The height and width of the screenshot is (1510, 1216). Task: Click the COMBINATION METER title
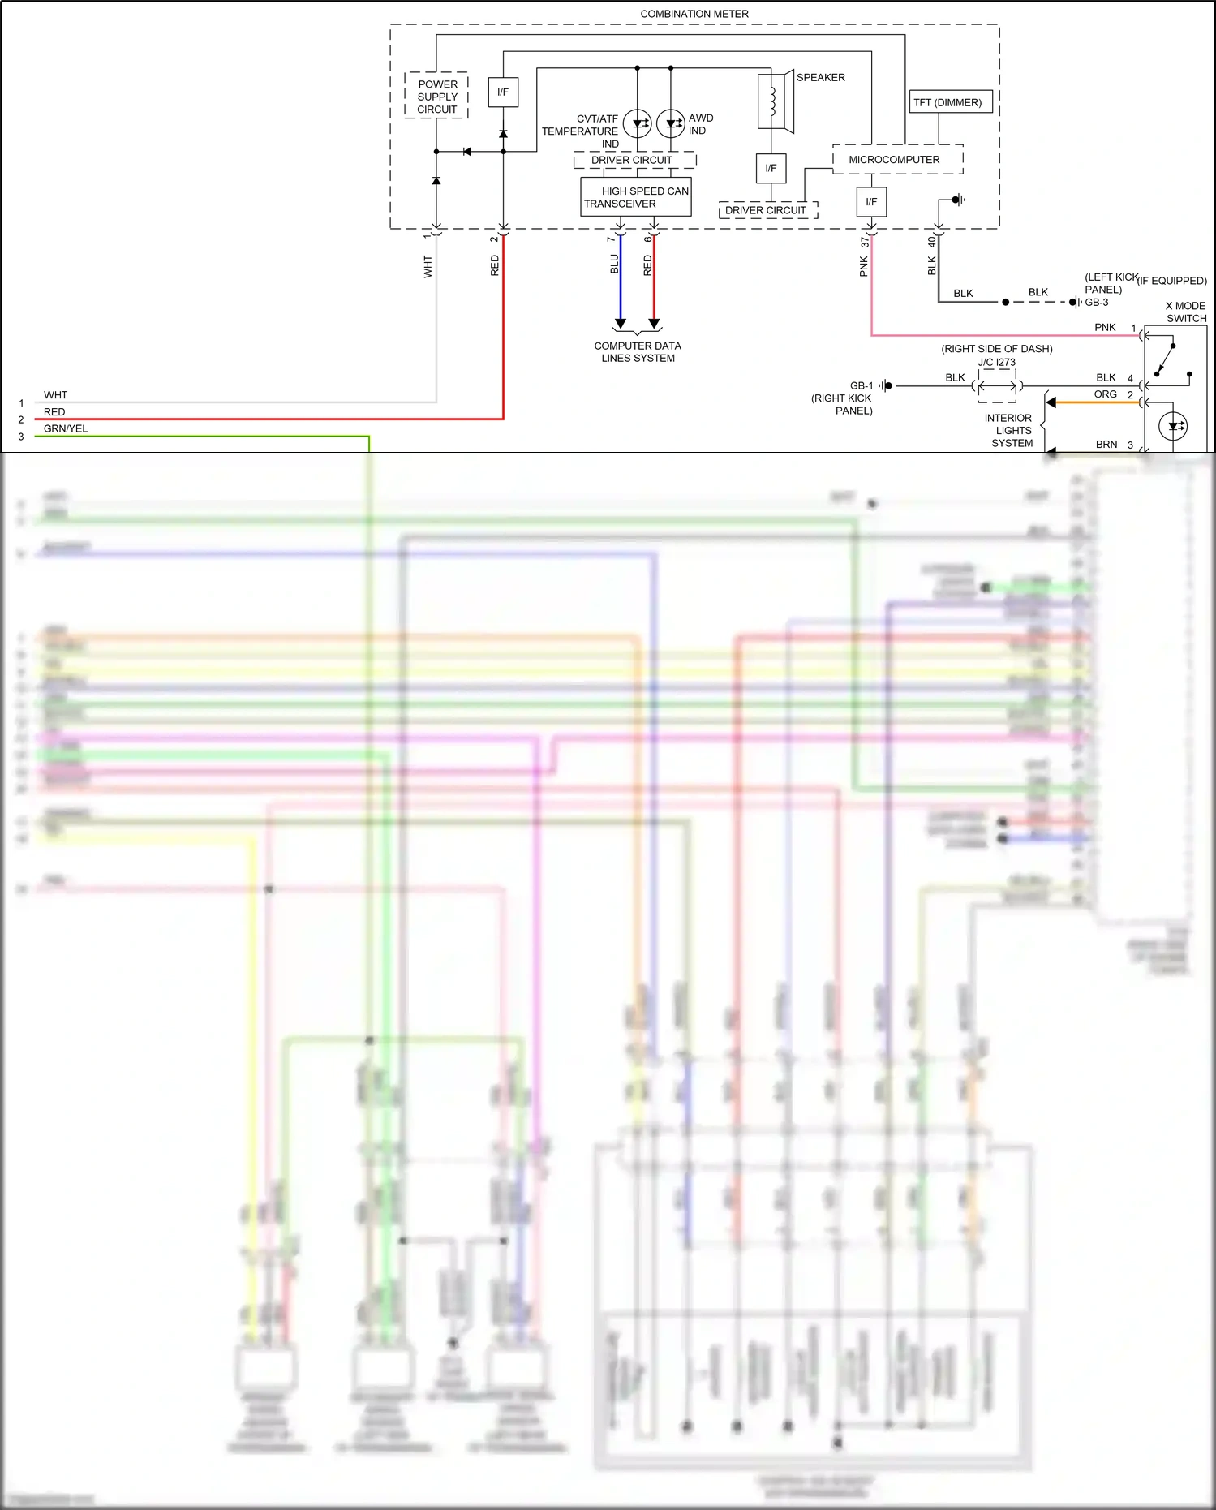pyautogui.click(x=694, y=14)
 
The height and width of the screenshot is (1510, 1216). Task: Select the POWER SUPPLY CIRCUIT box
pyautogui.click(x=436, y=96)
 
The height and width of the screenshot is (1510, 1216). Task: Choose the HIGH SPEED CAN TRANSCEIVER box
pyautogui.click(x=636, y=197)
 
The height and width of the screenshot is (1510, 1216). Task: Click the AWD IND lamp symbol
pyautogui.click(x=671, y=123)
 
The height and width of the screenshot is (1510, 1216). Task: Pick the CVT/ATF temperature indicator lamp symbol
pyautogui.click(x=637, y=123)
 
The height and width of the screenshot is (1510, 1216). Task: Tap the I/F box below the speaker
pyautogui.click(x=771, y=169)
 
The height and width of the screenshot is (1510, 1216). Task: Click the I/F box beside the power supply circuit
pyautogui.click(x=503, y=92)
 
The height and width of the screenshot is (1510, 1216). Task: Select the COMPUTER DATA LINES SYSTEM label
pyautogui.click(x=638, y=351)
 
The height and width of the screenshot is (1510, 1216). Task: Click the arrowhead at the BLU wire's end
pyautogui.click(x=621, y=324)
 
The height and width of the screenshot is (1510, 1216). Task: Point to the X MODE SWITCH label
pyautogui.click(x=1185, y=312)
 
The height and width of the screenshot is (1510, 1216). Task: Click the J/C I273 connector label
pyautogui.click(x=996, y=363)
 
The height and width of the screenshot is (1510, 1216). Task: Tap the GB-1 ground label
pyautogui.click(x=862, y=385)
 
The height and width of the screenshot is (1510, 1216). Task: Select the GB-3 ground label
pyautogui.click(x=1096, y=302)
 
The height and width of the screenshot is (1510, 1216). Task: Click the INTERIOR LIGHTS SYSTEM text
pyautogui.click(x=1010, y=431)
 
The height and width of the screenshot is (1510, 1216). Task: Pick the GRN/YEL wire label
pyautogui.click(x=66, y=428)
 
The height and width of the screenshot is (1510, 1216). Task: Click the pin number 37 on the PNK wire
pyautogui.click(x=866, y=241)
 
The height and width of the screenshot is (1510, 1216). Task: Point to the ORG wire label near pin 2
pyautogui.click(x=1105, y=394)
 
